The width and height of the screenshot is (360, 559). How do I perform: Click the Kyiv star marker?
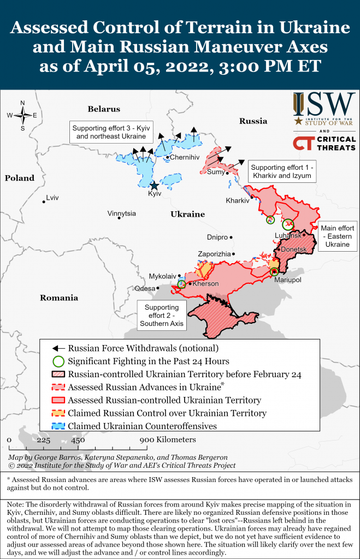(154, 186)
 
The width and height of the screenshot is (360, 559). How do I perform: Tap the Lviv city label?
(52, 198)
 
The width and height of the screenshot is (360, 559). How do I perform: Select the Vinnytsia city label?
(121, 213)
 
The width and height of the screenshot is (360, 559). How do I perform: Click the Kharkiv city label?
(237, 201)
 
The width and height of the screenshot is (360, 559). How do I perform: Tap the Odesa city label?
(145, 288)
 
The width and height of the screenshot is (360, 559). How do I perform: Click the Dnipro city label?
(217, 237)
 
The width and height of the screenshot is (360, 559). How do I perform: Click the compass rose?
(22, 115)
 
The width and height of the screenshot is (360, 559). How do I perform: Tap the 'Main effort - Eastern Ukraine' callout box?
(338, 236)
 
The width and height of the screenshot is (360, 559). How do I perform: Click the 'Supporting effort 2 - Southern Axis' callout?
(162, 316)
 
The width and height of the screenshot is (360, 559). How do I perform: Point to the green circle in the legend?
(58, 361)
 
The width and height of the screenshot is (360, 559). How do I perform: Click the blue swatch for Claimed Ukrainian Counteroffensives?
(58, 426)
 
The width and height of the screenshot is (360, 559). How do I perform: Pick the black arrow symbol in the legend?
(58, 348)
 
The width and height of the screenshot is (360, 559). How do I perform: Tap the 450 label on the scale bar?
(78, 440)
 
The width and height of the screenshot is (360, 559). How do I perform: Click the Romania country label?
(58, 298)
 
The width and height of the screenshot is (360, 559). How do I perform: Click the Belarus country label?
(103, 109)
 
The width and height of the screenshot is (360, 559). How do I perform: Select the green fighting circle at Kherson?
(182, 284)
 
